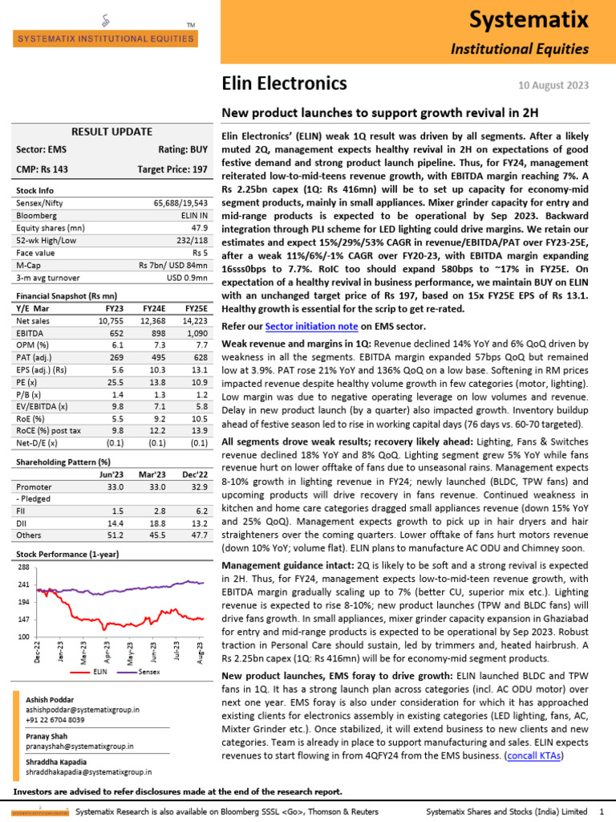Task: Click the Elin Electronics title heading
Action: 284,83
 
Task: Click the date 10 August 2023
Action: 561,85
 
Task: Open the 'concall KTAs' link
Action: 534,755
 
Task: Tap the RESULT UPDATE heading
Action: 111,132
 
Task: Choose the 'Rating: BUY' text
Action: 183,149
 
